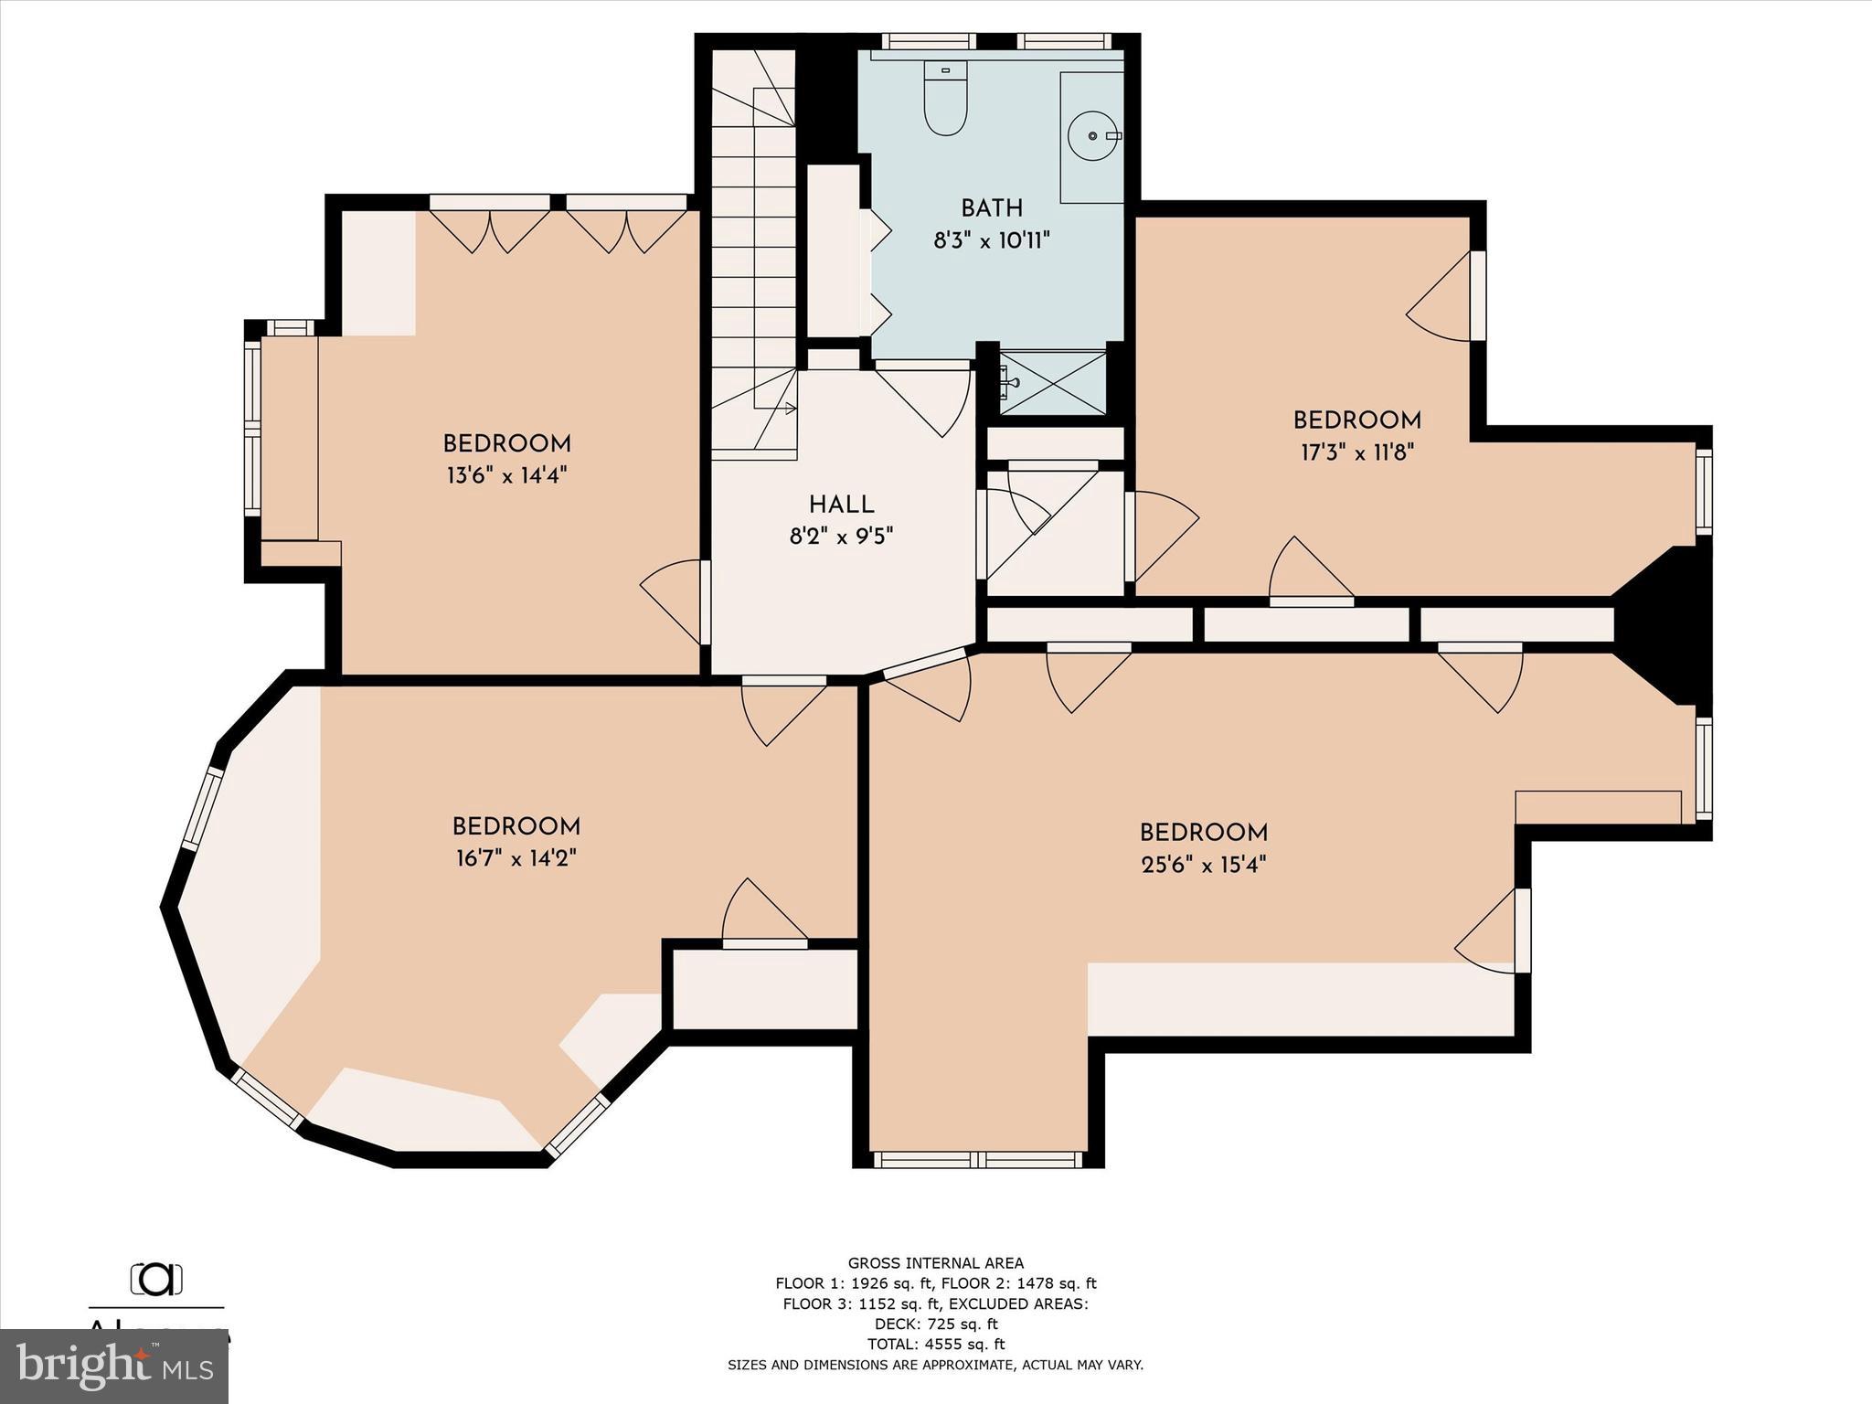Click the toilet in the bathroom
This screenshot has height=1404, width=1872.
[945, 101]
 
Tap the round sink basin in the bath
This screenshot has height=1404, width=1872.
[1092, 135]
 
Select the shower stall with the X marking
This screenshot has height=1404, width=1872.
[1054, 381]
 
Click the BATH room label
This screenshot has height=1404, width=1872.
[991, 208]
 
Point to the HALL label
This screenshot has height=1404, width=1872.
[841, 505]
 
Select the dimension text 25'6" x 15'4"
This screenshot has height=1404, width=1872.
[1203, 864]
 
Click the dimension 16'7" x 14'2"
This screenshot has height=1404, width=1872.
[516, 858]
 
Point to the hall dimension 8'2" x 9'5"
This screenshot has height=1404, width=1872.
[841, 536]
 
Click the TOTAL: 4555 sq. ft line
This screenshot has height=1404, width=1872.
[935, 1344]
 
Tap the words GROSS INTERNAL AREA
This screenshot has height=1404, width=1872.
[935, 1263]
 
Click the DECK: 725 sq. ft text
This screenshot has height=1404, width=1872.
[935, 1324]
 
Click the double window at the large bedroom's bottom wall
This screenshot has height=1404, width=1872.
[978, 1160]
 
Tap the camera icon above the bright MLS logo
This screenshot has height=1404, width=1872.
[156, 1279]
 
